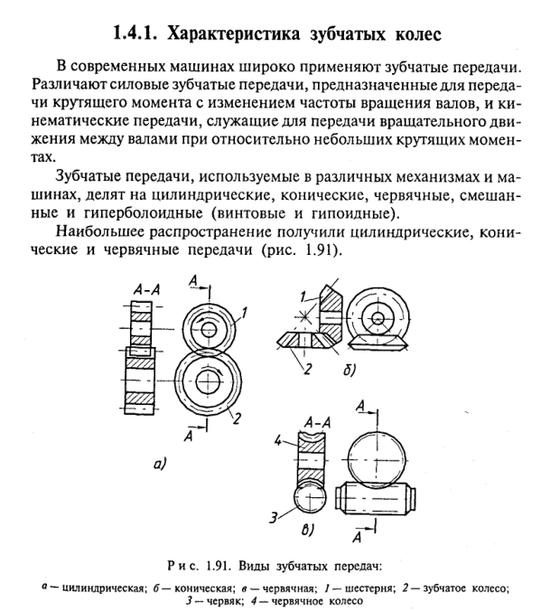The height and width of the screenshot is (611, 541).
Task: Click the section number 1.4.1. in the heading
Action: click(135, 34)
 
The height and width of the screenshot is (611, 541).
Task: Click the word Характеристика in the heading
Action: click(234, 34)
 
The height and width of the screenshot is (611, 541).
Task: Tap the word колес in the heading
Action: click(419, 35)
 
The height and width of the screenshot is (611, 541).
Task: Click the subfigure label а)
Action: click(160, 464)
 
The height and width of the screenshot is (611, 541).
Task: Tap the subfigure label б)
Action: click(350, 370)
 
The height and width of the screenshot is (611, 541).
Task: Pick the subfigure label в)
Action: click(308, 530)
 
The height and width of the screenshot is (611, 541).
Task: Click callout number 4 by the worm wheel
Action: click(277, 441)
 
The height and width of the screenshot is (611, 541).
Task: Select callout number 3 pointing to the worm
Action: click(275, 518)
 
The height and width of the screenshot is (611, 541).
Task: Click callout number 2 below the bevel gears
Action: click(308, 369)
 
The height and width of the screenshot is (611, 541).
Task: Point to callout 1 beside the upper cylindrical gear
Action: click(244, 313)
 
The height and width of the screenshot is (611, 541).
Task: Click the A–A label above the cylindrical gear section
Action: click(146, 289)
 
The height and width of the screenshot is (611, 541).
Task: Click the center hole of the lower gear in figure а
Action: click(207, 381)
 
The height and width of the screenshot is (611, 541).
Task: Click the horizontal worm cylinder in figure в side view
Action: click(378, 498)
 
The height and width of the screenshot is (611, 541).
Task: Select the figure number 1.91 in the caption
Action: click(217, 566)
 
